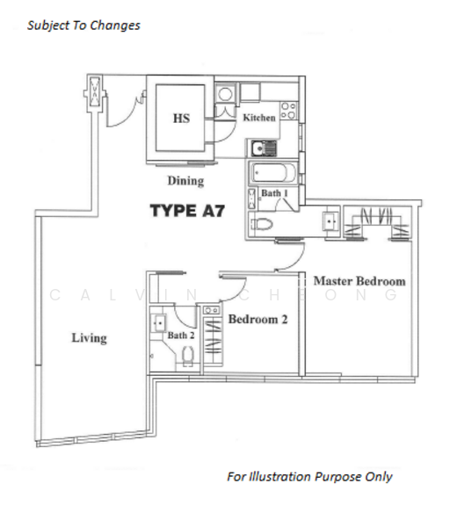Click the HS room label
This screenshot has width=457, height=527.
181,119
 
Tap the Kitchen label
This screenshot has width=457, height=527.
259,118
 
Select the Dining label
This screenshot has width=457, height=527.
185,181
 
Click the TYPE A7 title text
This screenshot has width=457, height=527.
187,211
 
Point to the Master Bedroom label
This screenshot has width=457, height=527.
359,281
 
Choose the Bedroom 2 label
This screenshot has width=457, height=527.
258,320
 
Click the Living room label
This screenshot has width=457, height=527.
89,338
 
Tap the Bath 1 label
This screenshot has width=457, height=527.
274,193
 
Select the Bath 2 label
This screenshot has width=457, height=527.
181,336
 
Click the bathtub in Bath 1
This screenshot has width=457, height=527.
273,173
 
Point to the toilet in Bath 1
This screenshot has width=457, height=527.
261,224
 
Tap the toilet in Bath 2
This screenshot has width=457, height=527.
188,357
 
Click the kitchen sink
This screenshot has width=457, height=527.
264,148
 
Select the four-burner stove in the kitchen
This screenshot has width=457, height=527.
288,111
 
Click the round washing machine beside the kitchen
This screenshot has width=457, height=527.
225,94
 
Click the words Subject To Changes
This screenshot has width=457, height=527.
83,25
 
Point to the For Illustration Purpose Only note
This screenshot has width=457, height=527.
309,477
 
